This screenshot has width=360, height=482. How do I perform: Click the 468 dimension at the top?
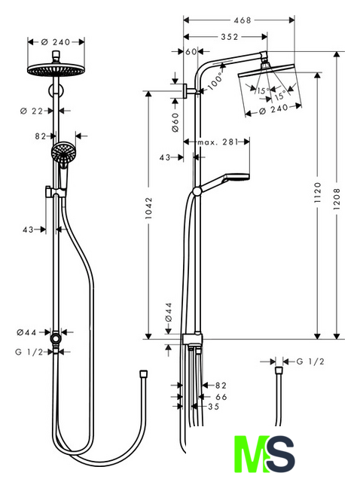pyautogui.click(x=243, y=20)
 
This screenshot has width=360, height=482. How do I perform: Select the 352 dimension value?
pyautogui.click(x=230, y=37)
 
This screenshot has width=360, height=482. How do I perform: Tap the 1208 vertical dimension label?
pyautogui.click(x=337, y=199)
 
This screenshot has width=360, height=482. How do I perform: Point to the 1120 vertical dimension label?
pyautogui.click(x=318, y=192)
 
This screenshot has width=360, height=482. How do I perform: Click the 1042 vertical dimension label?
pyautogui.click(x=149, y=208)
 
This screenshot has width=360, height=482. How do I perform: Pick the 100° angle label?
pyautogui.click(x=215, y=81)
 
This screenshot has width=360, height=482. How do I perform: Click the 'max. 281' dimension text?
pyautogui.click(x=218, y=142)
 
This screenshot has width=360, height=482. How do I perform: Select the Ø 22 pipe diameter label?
pyautogui.click(x=32, y=111)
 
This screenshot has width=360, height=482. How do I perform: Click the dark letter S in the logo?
pyautogui.click(x=280, y=454)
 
